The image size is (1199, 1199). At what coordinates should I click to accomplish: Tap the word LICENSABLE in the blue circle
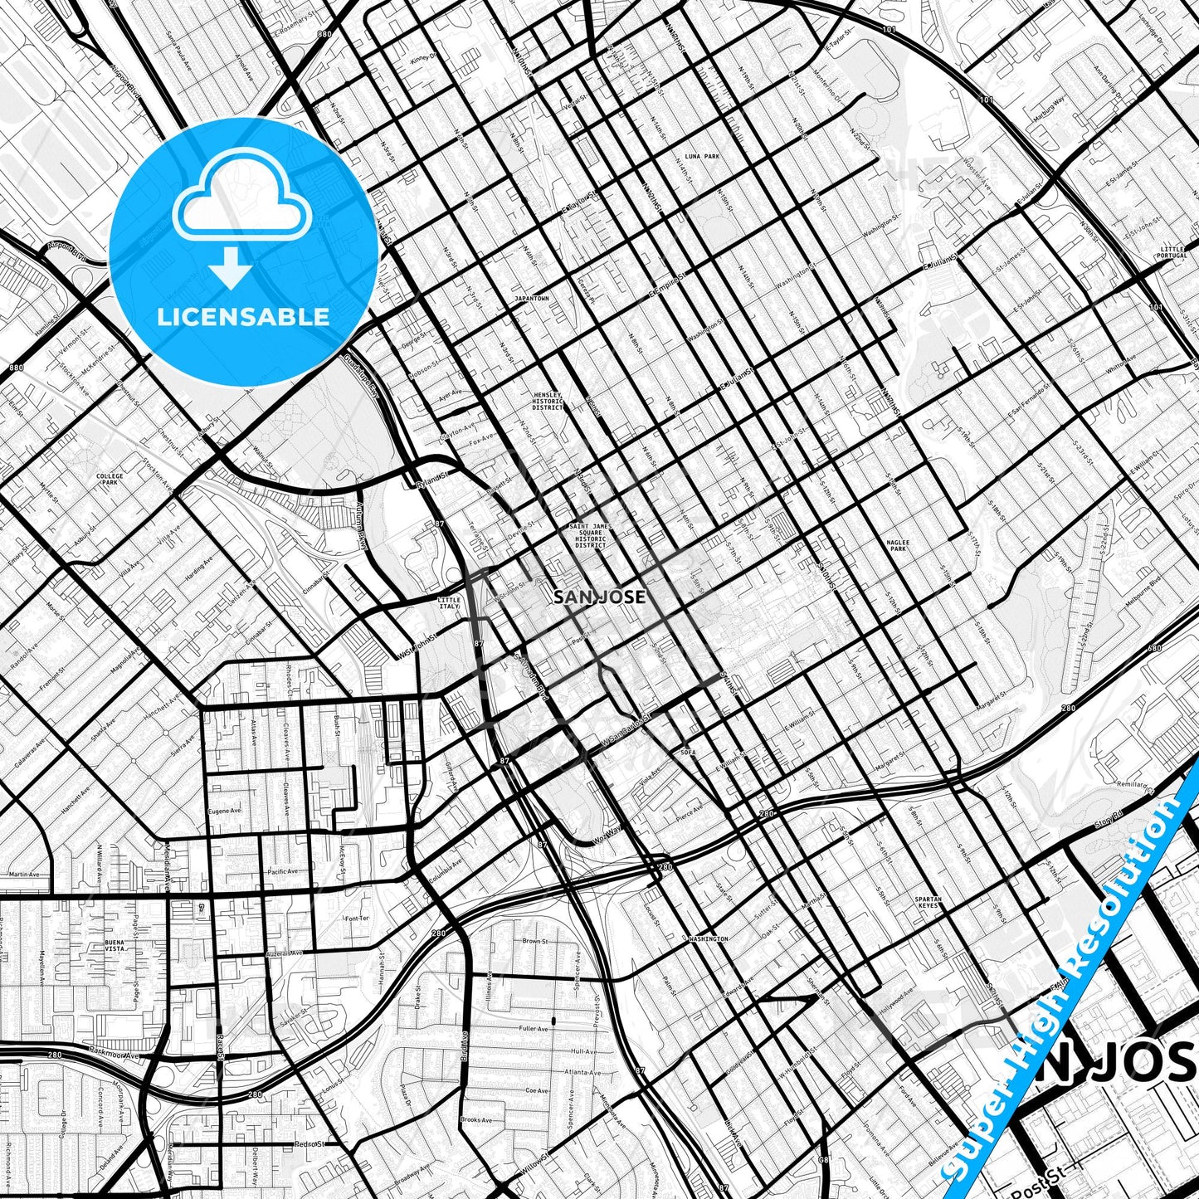244,317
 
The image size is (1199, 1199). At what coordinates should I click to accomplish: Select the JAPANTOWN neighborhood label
532,298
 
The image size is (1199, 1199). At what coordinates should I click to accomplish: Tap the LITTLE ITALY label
448,602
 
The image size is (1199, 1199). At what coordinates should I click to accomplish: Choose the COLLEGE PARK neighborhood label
110,480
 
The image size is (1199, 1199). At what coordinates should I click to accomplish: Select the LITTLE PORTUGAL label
1173,252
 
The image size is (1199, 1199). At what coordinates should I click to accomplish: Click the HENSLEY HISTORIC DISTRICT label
548,402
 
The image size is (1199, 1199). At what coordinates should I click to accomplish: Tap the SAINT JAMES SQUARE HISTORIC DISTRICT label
590,535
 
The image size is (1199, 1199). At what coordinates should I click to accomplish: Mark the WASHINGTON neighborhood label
708,939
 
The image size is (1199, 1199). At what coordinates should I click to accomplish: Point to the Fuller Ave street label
533,1029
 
